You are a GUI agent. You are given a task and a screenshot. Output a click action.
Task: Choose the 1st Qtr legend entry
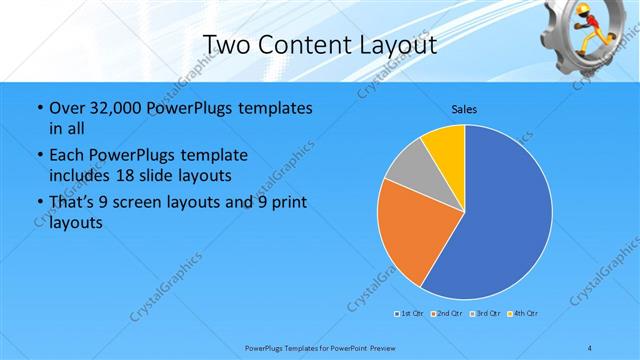tap(408, 314)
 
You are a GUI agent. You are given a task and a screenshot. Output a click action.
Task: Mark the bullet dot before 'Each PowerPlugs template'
tap(38, 155)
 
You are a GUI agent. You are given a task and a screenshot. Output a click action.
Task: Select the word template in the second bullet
tap(213, 155)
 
